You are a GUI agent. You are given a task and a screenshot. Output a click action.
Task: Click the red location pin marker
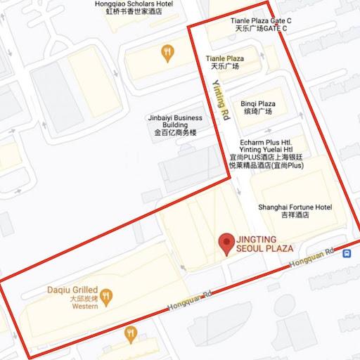pos(226,243)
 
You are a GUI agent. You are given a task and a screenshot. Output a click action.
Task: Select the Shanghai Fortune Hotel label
pos(295,207)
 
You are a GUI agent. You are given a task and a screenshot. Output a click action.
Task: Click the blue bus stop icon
pos(347,254)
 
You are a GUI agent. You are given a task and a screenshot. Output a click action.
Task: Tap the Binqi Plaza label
pos(258,103)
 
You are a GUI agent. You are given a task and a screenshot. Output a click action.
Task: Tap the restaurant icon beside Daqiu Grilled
pos(106,297)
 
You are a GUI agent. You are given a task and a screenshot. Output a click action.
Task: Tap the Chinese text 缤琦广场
pos(257,112)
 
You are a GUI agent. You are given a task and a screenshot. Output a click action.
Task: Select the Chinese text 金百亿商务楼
pos(175,132)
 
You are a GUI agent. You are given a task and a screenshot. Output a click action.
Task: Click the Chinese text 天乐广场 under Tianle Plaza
pos(225,67)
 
